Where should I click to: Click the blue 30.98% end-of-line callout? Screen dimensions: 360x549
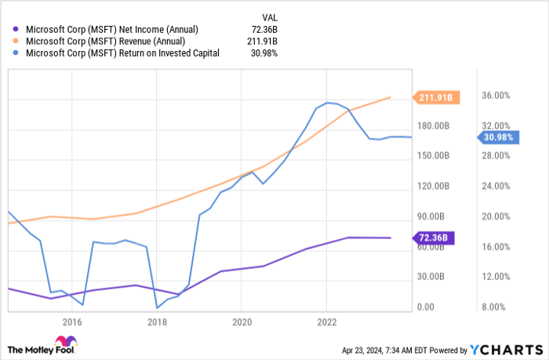(498, 138)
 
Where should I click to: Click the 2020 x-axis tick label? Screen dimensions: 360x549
(242, 321)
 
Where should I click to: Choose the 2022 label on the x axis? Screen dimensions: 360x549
(327, 321)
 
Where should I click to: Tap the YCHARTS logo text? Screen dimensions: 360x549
(514, 349)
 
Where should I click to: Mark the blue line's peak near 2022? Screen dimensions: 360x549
(326, 103)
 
